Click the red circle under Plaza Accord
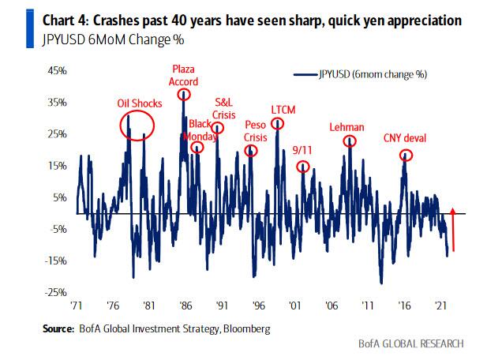pyautogui.click(x=185, y=95)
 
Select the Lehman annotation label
pyautogui.click(x=347, y=126)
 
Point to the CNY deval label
pyautogui.click(x=404, y=138)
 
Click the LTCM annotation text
pyautogui.click(x=282, y=109)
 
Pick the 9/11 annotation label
pyautogui.click(x=302, y=149)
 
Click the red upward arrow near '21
pyautogui.click(x=453, y=229)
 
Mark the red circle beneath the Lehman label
pyautogui.click(x=349, y=141)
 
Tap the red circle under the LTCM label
pyautogui.click(x=277, y=123)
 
